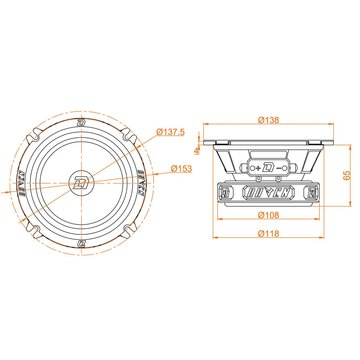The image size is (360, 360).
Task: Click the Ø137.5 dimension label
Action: tap(174, 133)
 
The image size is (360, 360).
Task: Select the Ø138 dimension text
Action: tap(267, 119)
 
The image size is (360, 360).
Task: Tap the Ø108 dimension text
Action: tap(267, 214)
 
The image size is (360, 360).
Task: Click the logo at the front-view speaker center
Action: tap(79, 181)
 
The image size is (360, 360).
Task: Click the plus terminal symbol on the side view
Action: tap(257, 166)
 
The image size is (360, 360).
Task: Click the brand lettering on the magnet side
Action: tap(268, 191)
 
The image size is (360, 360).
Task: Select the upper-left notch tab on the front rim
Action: tap(35, 137)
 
